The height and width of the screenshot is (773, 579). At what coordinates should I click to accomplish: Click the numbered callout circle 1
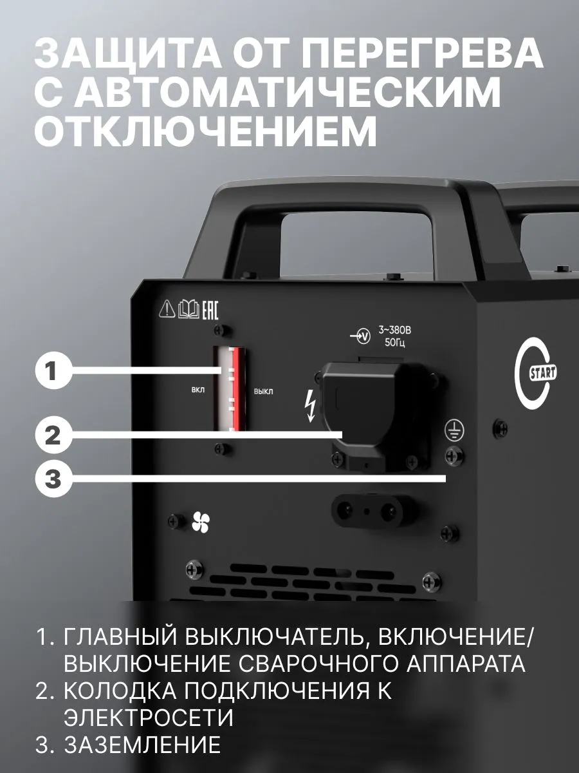[x=53, y=372]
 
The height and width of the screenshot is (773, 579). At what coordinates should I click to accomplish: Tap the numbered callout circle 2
[x=53, y=437]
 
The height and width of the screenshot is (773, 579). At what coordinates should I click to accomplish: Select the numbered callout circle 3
[x=53, y=479]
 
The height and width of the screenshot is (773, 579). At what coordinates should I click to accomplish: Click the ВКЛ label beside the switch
[x=198, y=391]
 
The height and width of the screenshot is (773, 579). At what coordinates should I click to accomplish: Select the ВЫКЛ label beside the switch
[x=263, y=391]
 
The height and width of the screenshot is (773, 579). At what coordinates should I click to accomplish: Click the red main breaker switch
[x=230, y=389]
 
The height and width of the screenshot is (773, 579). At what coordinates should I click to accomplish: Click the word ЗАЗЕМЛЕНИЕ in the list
[x=142, y=745]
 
